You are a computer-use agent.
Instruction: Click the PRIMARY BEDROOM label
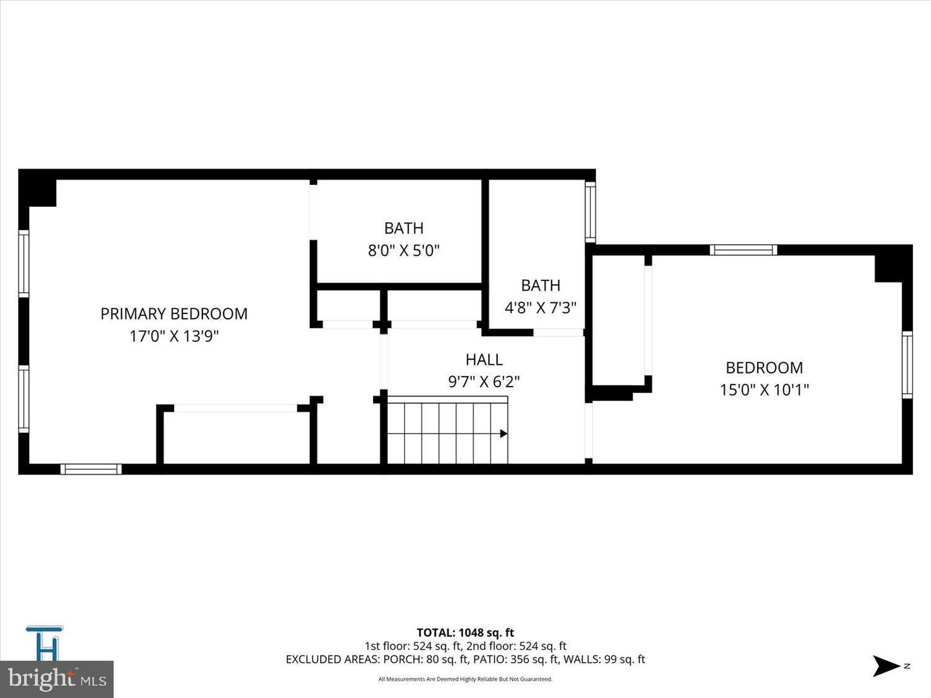pos(173,313)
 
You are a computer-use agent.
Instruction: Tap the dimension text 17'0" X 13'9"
pos(174,336)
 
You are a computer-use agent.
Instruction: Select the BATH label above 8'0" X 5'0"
pos(403,228)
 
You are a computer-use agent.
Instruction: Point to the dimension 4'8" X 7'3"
pos(540,308)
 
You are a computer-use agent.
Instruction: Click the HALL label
pos(484,359)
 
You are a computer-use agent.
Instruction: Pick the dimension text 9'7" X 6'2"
pos(484,382)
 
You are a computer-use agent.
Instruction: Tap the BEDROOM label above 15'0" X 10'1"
pos(764,368)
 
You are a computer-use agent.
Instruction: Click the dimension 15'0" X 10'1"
pos(764,390)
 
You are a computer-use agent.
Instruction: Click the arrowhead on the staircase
pos(504,434)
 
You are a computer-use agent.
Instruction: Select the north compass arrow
pos(885,666)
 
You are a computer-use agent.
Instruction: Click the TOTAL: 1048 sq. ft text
pos(465,633)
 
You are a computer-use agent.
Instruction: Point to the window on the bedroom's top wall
pos(743,250)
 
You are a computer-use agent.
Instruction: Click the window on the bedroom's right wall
pos(907,365)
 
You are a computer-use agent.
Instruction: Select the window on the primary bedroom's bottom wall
pos(91,469)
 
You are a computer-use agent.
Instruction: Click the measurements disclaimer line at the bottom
pos(465,679)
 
